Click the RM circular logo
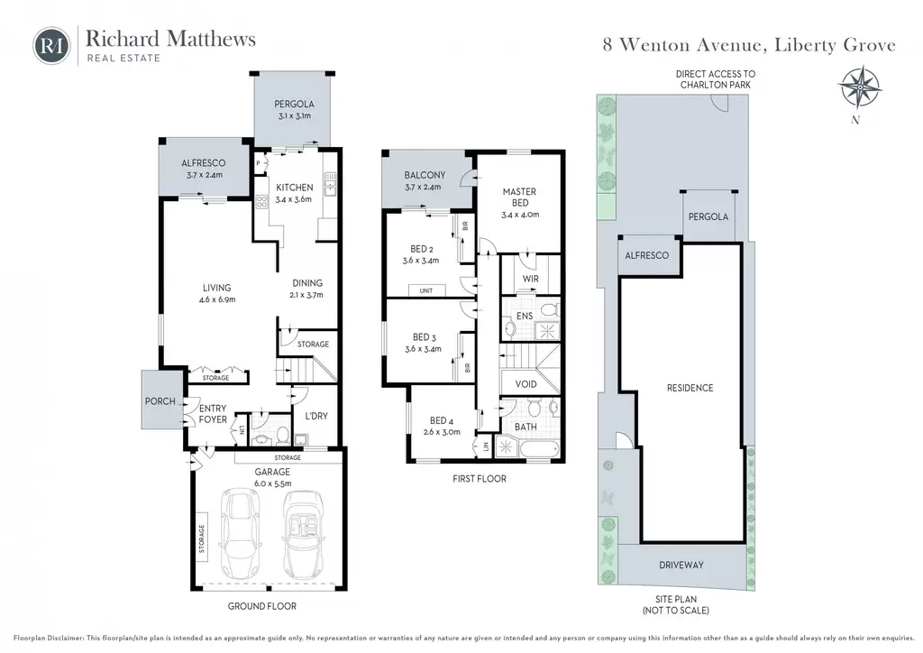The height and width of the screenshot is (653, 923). pos(51,46)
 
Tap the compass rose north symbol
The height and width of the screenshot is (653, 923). pos(859,88)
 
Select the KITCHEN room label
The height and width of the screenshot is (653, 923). pos(295,188)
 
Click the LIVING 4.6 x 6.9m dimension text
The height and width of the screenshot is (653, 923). pos(216,299)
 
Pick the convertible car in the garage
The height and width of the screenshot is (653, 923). pos(304,535)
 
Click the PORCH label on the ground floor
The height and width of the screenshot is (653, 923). pos(160,401)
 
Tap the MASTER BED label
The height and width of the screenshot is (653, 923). pos(519,197)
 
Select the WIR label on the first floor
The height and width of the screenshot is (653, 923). pos(530,279)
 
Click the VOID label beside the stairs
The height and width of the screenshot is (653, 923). pos(525,384)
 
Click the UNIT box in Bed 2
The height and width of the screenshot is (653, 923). pos(426,291)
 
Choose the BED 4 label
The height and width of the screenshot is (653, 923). pos(442,420)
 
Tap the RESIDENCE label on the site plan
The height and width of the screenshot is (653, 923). pos(690,388)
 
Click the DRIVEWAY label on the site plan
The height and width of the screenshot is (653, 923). pos(681,565)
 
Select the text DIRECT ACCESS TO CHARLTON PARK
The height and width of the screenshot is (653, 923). pos(715,79)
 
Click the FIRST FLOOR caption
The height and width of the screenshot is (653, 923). pos(480,479)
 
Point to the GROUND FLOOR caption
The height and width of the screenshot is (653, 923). pos(262,606)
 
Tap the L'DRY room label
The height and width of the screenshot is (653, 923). pos(316,416)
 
